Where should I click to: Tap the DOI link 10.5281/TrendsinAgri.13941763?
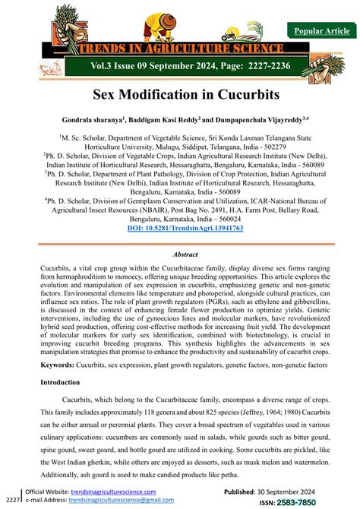tap(180, 228)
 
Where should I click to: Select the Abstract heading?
tap(180, 256)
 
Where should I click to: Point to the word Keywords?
tap(63, 365)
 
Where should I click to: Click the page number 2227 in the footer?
tap(12, 501)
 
